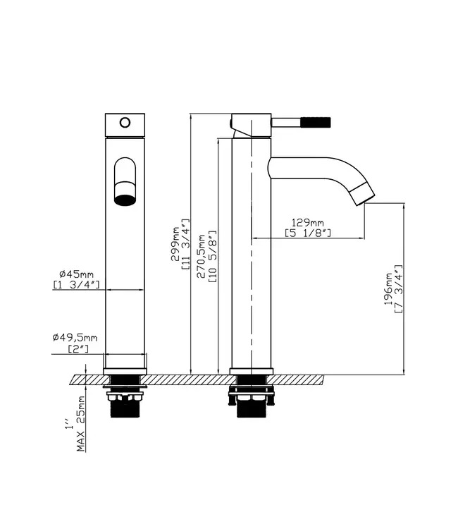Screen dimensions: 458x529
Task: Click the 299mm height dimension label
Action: pos(175,243)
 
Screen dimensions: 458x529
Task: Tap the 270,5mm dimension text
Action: pos(202,257)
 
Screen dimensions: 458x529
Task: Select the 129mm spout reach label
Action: pos(307,223)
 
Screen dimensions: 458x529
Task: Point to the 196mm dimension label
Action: pos(388,289)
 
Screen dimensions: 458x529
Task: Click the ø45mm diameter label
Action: pos(76,274)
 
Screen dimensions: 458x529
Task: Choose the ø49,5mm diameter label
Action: pos(75,337)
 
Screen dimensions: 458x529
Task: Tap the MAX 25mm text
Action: pos(80,424)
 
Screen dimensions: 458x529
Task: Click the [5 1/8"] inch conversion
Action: pos(308,233)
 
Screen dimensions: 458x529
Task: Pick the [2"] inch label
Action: pos(78,348)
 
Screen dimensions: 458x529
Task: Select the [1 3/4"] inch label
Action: pos(77,285)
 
